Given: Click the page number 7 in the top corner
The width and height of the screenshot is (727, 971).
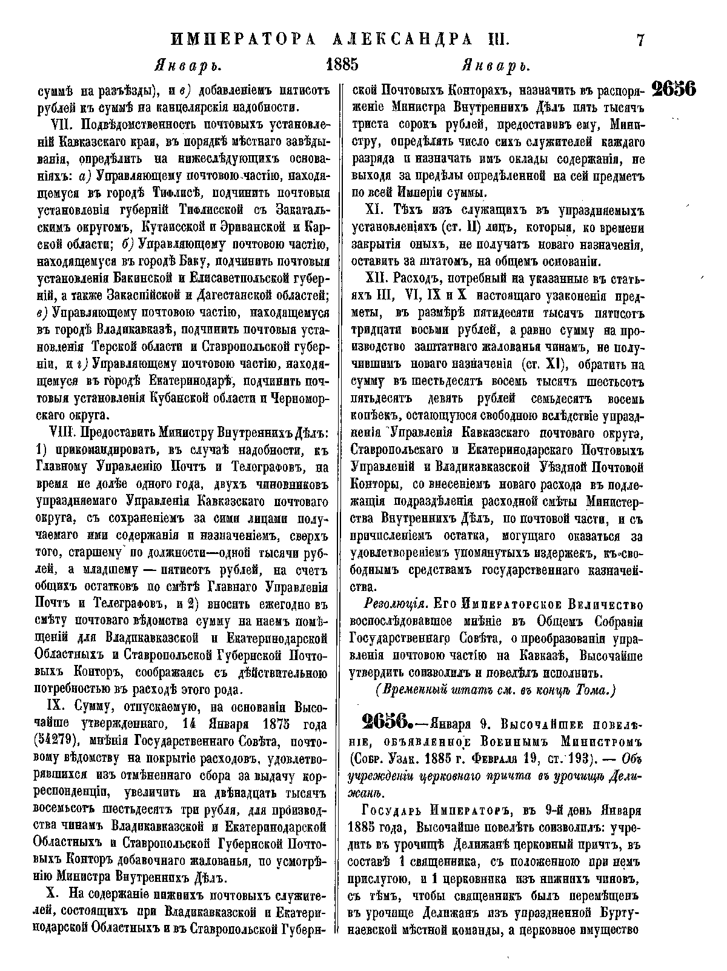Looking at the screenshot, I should (x=640, y=41).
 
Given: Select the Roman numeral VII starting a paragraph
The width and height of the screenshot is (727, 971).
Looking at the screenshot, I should (x=60, y=126).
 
